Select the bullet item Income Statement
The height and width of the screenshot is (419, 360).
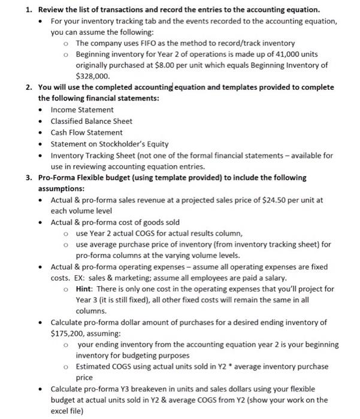point(82,110)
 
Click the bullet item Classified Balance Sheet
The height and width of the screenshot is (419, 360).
point(91,121)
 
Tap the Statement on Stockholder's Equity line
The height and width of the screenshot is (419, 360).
point(109,144)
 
